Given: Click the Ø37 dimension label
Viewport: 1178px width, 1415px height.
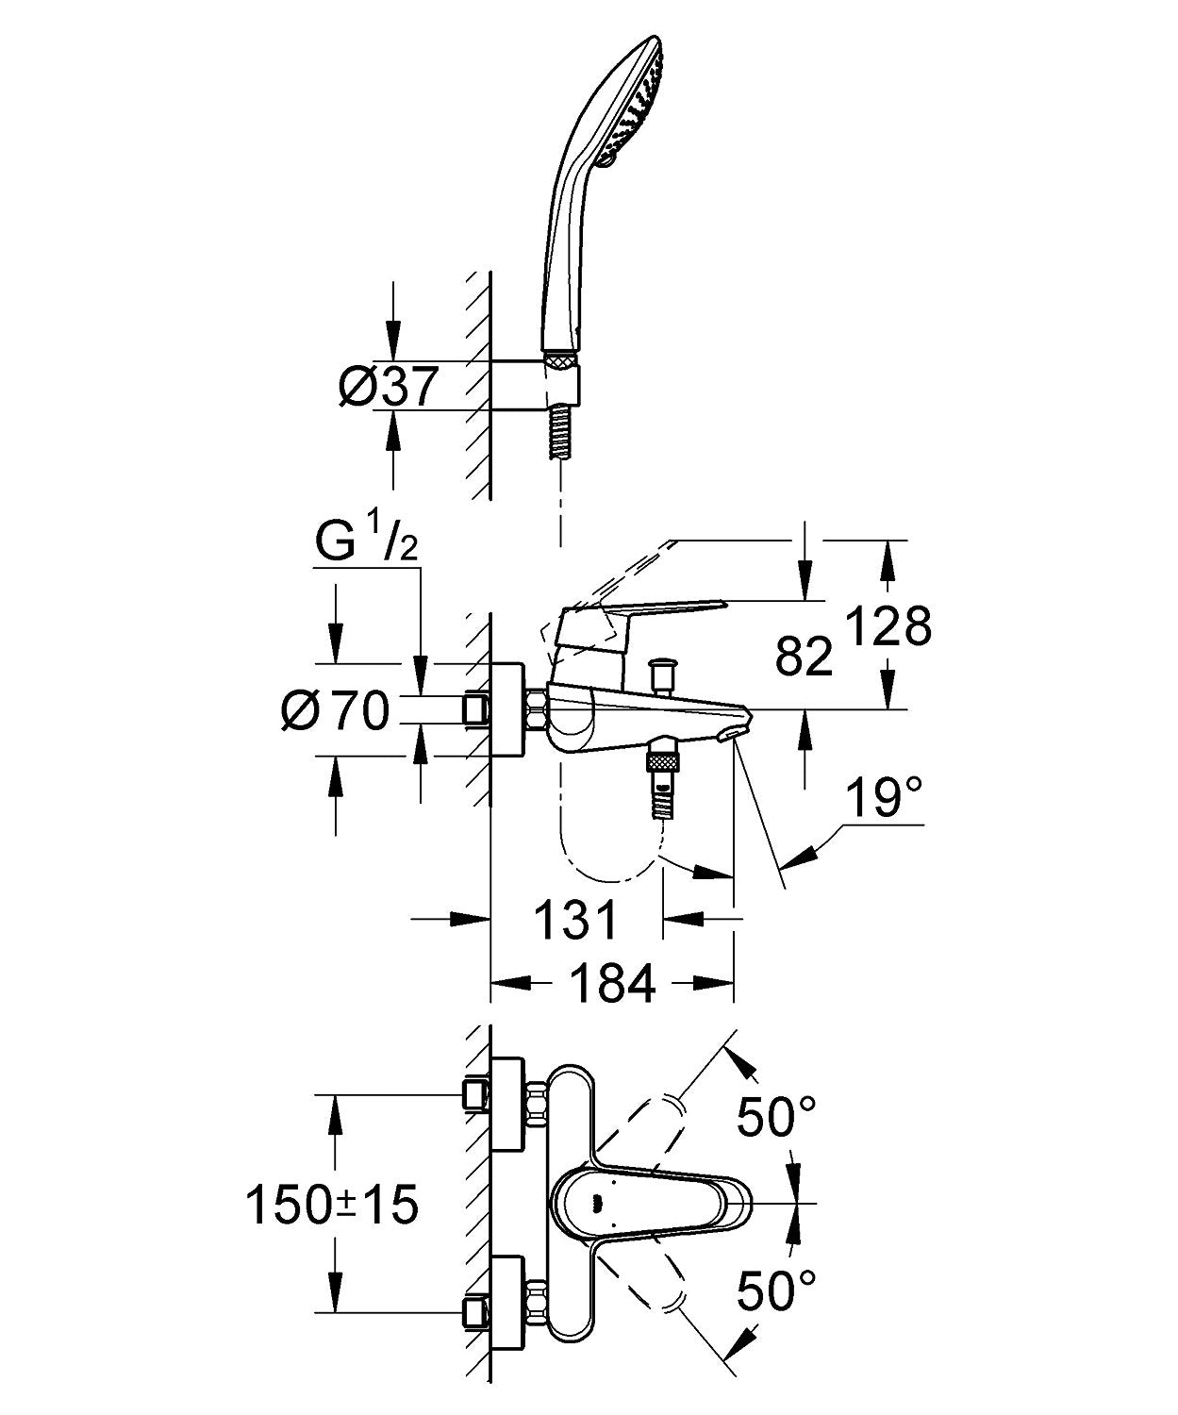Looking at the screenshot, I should [x=389, y=386].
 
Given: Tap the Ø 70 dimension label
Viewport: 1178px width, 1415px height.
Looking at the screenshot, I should [x=336, y=709].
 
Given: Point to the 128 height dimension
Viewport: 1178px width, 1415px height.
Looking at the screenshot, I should [x=888, y=624].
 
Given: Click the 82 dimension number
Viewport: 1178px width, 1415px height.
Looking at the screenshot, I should [x=805, y=657].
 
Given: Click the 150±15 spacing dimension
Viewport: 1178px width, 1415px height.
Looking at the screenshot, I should [x=332, y=1204].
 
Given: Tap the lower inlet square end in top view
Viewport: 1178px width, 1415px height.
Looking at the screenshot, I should [x=474, y=1311].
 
